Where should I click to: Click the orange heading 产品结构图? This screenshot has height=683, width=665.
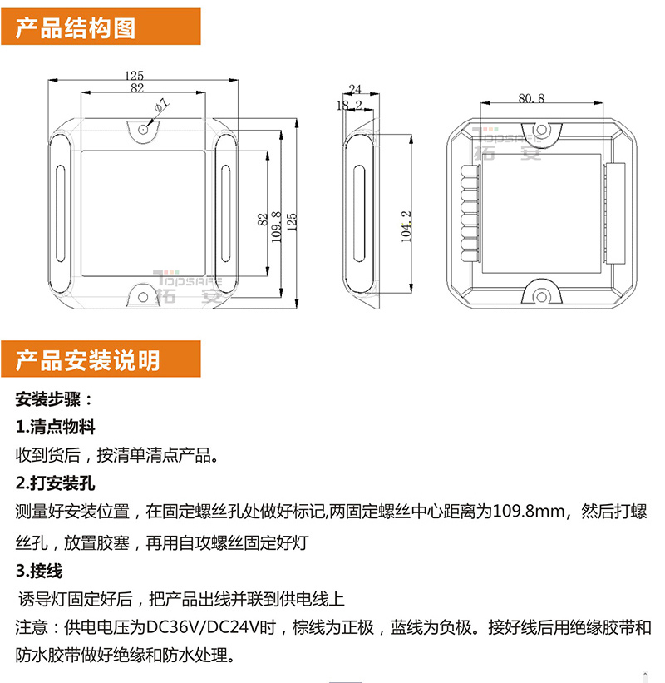click(x=76, y=28)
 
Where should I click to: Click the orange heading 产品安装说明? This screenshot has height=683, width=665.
click(x=87, y=360)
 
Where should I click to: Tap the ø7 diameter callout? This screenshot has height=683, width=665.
click(x=162, y=106)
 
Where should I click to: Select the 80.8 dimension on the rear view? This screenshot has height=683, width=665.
click(x=531, y=98)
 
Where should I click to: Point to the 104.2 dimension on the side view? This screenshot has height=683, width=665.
click(x=406, y=226)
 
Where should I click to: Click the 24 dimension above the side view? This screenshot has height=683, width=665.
click(x=355, y=89)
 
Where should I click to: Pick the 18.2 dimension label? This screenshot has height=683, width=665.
click(x=349, y=106)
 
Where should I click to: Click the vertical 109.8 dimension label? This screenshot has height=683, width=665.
click(x=277, y=227)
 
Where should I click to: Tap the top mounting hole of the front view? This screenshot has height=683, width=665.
click(x=143, y=129)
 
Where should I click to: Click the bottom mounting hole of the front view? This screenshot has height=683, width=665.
click(x=143, y=298)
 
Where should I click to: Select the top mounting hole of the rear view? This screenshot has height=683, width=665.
click(x=541, y=130)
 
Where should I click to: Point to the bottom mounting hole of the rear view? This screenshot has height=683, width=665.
click(x=541, y=298)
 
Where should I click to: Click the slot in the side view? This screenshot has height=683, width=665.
click(x=359, y=214)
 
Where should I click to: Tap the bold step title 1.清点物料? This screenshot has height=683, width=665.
click(x=55, y=427)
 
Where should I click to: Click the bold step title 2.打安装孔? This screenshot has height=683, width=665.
click(x=55, y=483)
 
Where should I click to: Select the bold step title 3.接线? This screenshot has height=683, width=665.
click(x=39, y=571)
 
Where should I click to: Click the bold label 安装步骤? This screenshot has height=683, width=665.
click(x=48, y=399)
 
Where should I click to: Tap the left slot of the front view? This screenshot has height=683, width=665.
click(x=61, y=214)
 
